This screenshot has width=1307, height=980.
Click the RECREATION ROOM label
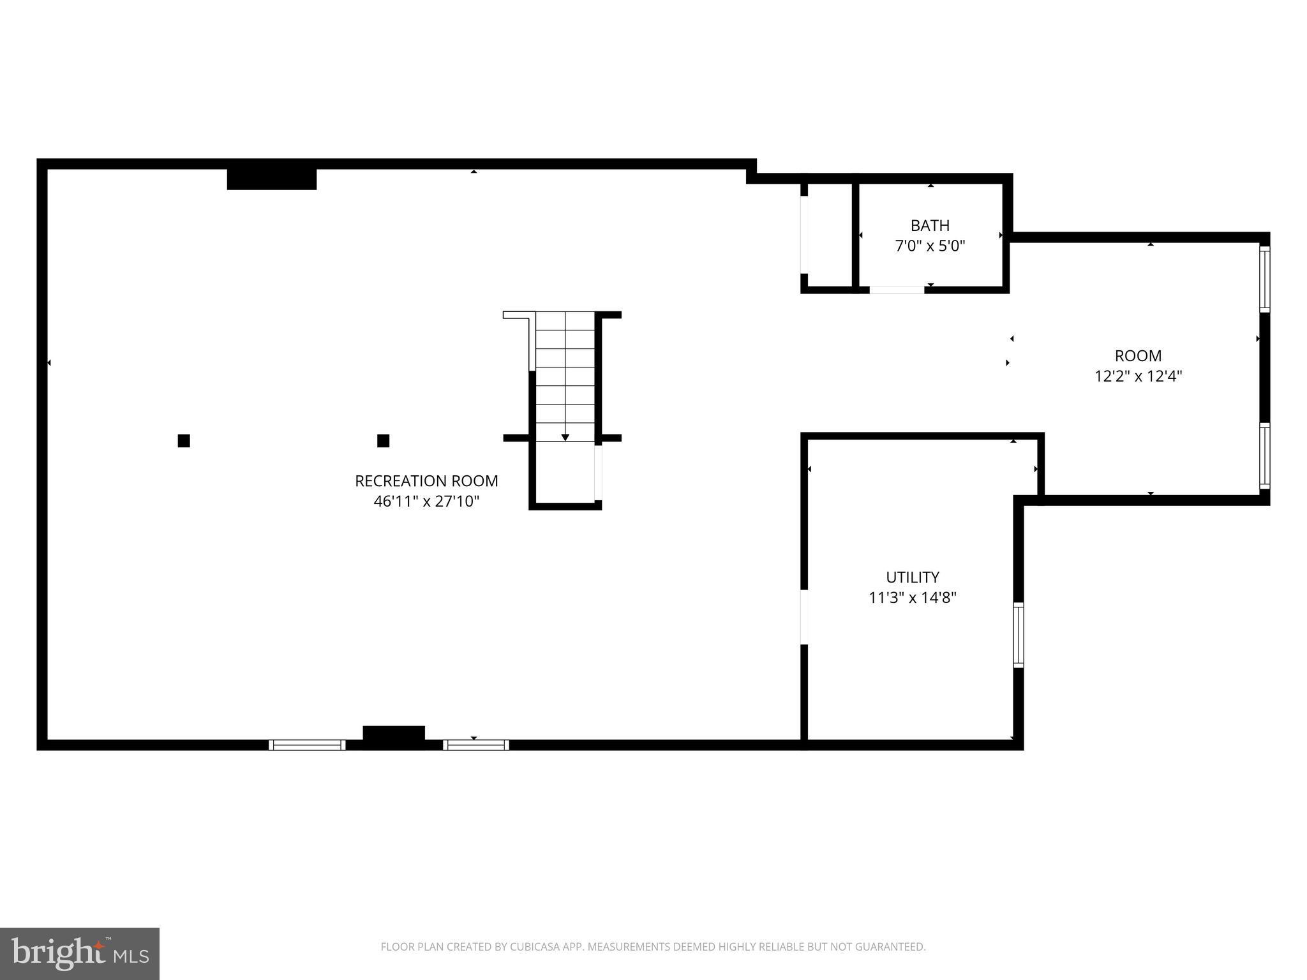[426, 481]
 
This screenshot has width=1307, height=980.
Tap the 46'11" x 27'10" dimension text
[426, 501]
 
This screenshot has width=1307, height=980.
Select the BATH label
[930, 225]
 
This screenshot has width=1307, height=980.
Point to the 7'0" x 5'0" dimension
[930, 246]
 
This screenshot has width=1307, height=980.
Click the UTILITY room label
[913, 577]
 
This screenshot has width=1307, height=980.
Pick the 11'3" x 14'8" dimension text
[913, 598]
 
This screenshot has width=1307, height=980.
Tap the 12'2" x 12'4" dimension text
[1138, 376]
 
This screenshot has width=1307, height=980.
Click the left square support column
[184, 441]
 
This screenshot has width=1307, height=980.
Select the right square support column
[383, 441]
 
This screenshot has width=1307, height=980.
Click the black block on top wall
[272, 179]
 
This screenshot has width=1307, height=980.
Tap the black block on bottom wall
[394, 734]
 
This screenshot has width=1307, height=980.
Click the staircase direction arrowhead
[565, 437]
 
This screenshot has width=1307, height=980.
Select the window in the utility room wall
[1019, 635]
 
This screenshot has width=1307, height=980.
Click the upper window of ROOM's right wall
[1264, 279]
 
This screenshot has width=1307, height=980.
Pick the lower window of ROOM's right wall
[1264, 456]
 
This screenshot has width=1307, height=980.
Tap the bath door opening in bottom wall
[897, 290]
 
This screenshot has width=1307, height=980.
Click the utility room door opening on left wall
[804, 616]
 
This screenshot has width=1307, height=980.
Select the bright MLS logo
[80, 954]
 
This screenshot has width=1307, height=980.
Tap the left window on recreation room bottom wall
[307, 745]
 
